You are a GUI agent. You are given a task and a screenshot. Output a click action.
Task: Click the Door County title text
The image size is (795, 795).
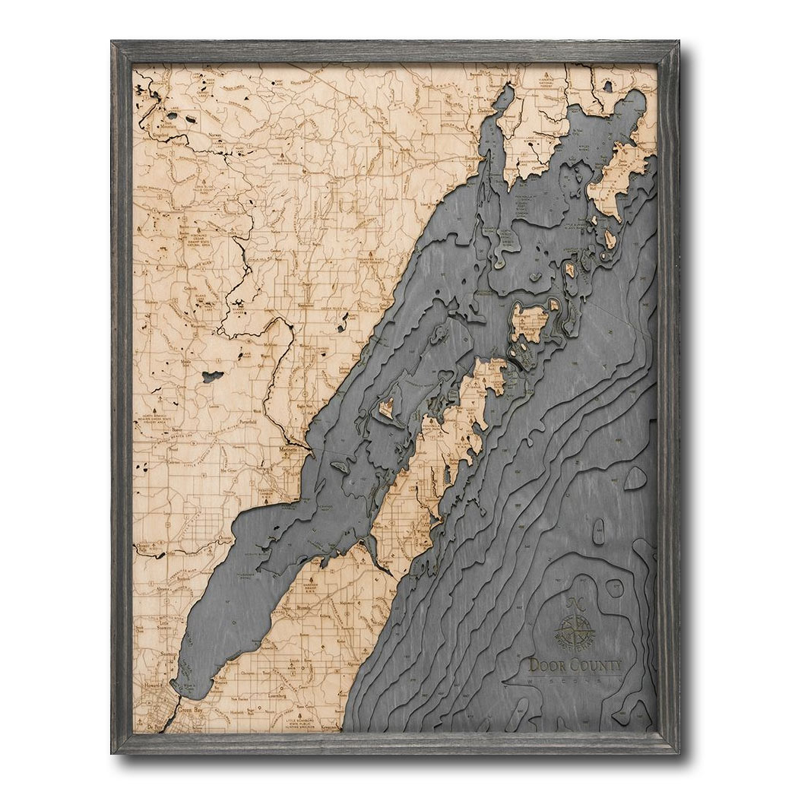(x=575, y=666)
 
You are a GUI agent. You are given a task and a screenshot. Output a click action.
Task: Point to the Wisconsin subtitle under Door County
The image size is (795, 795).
(x=575, y=681)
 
